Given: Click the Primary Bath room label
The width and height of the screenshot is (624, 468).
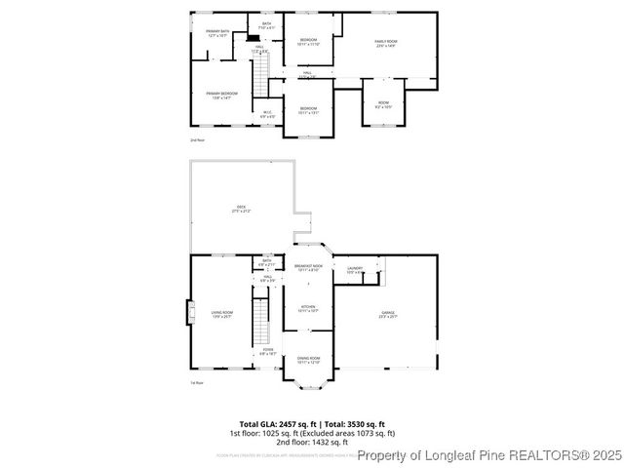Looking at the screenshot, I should [x=217, y=33].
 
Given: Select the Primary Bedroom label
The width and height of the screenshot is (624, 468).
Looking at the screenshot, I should [x=221, y=95].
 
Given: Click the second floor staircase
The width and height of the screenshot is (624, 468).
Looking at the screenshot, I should [x=261, y=72].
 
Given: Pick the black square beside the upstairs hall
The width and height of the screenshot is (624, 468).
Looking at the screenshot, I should [x=253, y=39].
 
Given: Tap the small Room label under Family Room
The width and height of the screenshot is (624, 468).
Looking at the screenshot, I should [x=383, y=106].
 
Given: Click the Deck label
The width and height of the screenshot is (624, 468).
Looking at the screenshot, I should [x=241, y=209].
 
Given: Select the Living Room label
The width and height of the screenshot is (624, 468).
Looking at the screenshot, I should [x=221, y=314].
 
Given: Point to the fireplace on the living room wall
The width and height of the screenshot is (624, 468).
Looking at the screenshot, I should [x=191, y=313].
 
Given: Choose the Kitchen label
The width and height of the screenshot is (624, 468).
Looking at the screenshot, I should [x=308, y=309].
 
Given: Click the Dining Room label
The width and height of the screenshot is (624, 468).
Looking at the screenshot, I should [x=308, y=361].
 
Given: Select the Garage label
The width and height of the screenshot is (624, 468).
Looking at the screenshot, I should [x=387, y=314].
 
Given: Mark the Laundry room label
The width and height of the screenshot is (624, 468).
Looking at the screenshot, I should [x=355, y=270].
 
